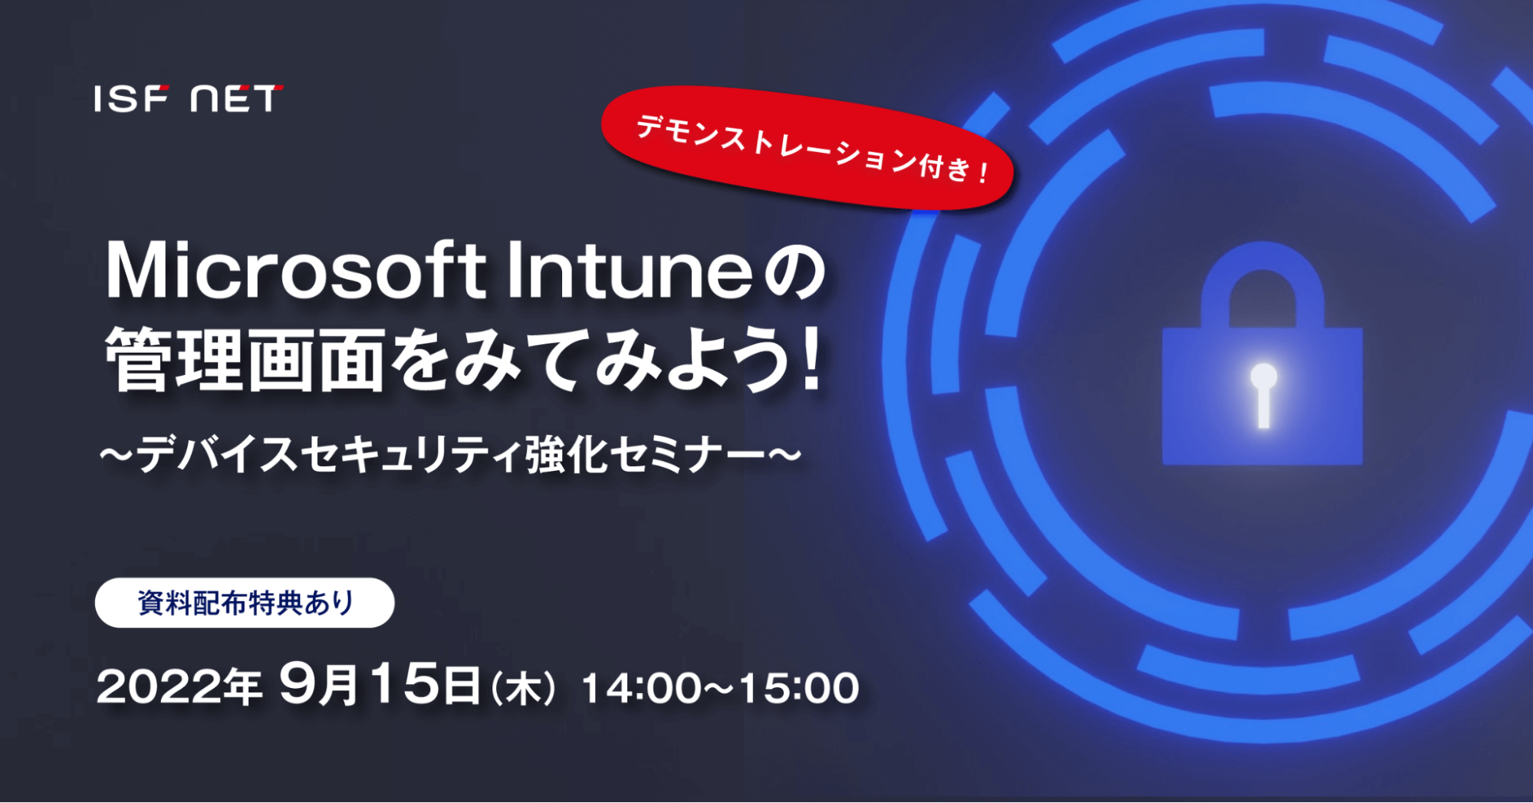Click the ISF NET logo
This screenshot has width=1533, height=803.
(x=189, y=98)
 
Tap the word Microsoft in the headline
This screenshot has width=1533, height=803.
(x=295, y=270)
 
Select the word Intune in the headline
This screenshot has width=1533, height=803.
(x=630, y=270)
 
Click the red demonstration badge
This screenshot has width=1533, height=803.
(x=808, y=148)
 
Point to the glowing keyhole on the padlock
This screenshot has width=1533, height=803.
(x=1263, y=395)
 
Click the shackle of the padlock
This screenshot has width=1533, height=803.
(x=1263, y=284)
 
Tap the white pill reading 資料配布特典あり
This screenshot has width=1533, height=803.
(x=245, y=603)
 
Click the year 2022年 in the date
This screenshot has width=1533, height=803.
(x=179, y=686)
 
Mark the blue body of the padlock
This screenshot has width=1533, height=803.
(x=1262, y=396)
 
